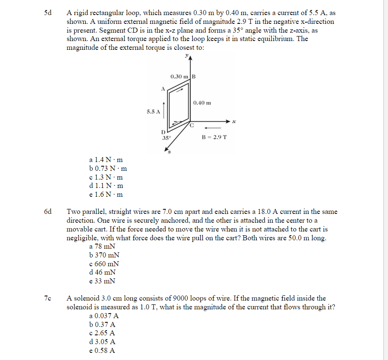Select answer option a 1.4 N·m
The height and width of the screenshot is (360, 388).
tap(106, 160)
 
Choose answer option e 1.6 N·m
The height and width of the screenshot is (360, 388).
tap(106, 195)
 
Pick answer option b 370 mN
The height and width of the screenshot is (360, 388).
tap(104, 255)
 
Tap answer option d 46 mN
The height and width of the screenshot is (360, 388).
tap(103, 273)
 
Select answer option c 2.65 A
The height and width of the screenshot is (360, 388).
tap(102, 333)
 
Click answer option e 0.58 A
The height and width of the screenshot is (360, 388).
tap(102, 351)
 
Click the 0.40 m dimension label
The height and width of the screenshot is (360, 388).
tap(202, 103)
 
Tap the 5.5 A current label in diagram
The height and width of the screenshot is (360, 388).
tap(153, 112)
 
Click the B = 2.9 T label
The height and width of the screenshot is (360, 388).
tap(214, 137)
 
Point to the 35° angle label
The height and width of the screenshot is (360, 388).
tap(166, 137)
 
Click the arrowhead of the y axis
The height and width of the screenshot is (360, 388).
tap(191, 59)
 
